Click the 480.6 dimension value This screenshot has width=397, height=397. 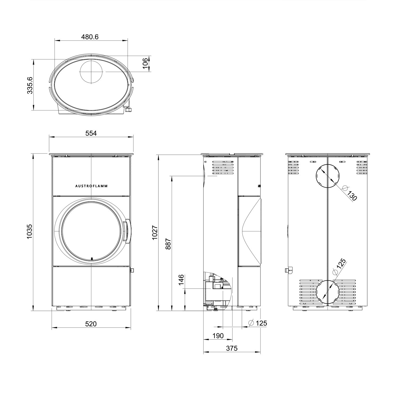point(90,37)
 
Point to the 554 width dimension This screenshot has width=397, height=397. point(91,133)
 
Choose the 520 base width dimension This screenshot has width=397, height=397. point(91,324)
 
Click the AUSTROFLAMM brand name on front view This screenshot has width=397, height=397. point(91,186)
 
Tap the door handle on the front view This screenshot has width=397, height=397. point(128,231)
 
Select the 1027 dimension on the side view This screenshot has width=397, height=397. point(155,233)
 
